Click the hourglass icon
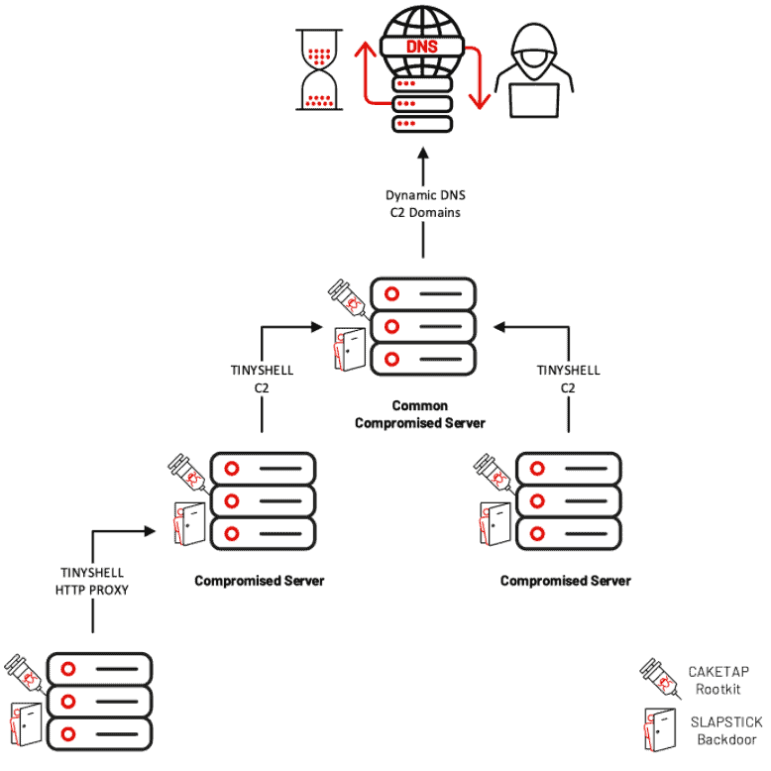coord(319,69)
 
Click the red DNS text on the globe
coord(422,47)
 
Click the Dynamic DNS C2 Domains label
coord(425,203)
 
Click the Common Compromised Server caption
coord(420,414)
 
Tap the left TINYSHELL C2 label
coord(262,379)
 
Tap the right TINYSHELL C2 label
coord(569,379)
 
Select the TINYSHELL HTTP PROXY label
coord(92,581)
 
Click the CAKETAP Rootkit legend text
coord(718,680)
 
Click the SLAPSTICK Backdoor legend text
coord(726,730)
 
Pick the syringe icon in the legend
coord(660,678)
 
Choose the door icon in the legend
coord(660,729)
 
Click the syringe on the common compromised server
coord(349,299)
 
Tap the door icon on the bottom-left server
coord(26,724)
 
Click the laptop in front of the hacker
coord(534,101)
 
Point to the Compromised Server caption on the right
coord(566,581)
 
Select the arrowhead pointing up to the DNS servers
coord(423,153)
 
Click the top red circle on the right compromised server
coord(537,468)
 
